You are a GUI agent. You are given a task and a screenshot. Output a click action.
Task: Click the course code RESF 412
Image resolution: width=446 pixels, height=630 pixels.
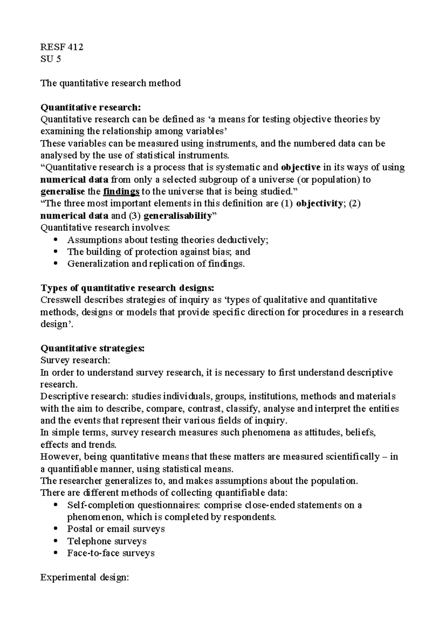(x=62, y=47)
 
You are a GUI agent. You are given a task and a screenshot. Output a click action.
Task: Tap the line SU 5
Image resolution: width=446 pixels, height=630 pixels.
(x=50, y=59)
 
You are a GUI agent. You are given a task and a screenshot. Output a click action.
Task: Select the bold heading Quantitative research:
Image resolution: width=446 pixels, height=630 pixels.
(x=91, y=107)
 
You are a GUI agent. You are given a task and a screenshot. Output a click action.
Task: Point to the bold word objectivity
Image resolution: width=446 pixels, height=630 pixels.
(x=319, y=204)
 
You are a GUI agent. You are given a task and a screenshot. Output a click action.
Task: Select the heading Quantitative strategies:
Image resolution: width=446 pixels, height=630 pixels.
(x=92, y=348)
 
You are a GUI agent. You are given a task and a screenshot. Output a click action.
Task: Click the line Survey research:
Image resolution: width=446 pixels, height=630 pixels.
(x=75, y=360)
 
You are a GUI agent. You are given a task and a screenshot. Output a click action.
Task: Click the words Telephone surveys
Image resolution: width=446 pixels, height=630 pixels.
(x=107, y=541)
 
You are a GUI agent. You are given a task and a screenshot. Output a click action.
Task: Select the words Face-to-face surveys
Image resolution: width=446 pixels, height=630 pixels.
(x=111, y=553)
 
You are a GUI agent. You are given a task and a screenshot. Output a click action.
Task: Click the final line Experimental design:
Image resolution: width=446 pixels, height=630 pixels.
(x=84, y=577)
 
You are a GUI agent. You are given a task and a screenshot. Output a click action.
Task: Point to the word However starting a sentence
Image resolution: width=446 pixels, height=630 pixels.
(x=58, y=457)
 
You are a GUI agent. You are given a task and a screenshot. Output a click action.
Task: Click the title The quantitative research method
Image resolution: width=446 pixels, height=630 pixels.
(x=110, y=83)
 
